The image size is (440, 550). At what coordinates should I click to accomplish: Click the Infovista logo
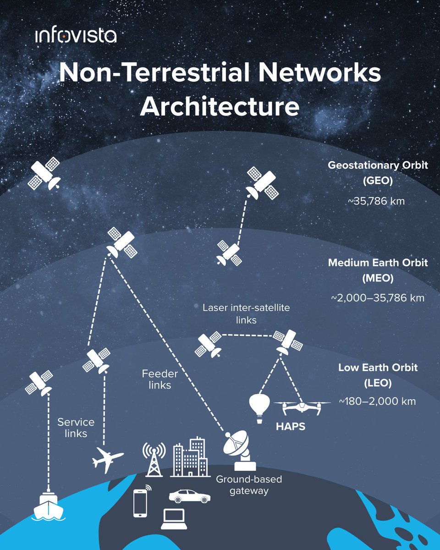click(x=75, y=35)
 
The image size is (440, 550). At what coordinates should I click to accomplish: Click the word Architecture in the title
click(x=220, y=106)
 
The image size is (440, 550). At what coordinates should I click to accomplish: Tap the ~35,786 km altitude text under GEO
click(x=378, y=200)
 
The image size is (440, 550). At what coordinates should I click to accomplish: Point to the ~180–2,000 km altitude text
click(x=377, y=401)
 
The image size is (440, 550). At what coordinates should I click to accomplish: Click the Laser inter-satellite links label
click(x=246, y=313)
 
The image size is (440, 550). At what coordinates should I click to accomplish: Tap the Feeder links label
click(x=160, y=379)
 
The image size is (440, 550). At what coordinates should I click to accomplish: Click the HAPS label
click(x=290, y=427)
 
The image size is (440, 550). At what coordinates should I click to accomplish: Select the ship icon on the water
click(x=49, y=506)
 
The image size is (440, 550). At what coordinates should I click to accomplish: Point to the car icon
click(x=189, y=496)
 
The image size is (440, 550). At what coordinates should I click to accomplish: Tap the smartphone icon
click(x=140, y=503)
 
